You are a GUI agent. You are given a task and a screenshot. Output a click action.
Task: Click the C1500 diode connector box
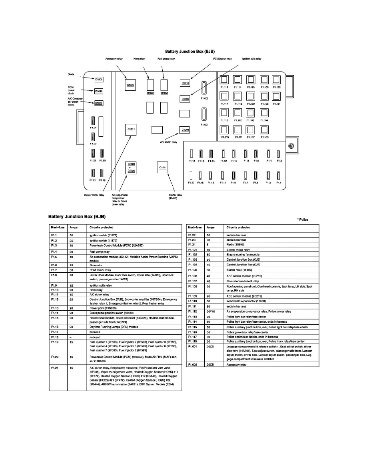[99, 80]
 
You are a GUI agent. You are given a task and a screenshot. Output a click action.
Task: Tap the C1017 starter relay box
[163, 167]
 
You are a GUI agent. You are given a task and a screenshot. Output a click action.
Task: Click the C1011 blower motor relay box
[131, 129]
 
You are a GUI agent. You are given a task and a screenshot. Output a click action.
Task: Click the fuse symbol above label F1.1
[279, 175]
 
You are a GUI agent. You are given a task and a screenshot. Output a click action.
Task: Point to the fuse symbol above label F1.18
[191, 153]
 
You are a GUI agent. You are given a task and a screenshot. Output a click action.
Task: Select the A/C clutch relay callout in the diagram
[169, 142]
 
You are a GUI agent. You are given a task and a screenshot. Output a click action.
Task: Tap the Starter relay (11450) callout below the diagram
[176, 196]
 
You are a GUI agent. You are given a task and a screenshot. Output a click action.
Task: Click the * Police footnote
[302, 220]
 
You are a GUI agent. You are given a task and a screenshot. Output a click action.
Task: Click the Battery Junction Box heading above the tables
[77, 216]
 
